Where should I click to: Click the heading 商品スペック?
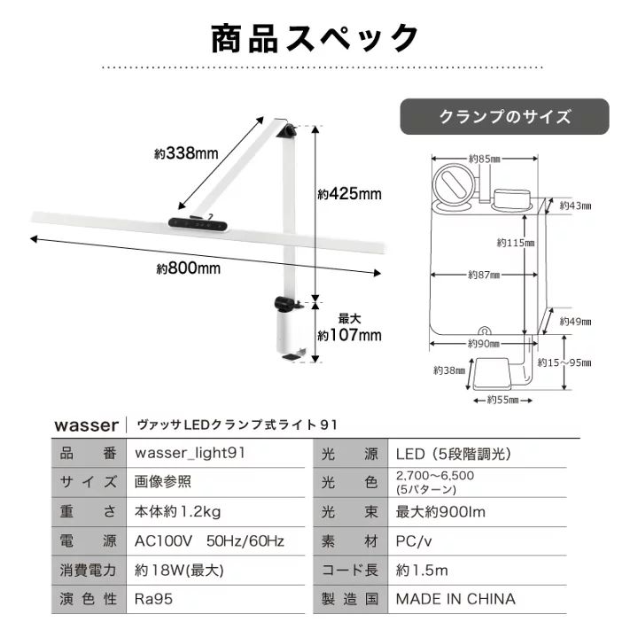pyautogui.click(x=315, y=39)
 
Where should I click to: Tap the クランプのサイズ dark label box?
pyautogui.click(x=505, y=117)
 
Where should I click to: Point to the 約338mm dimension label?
pyautogui.click(x=186, y=153)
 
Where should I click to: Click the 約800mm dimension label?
pyautogui.click(x=189, y=268)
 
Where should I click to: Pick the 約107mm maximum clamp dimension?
pyautogui.click(x=350, y=334)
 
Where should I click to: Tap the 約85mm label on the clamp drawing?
pyautogui.click(x=484, y=159)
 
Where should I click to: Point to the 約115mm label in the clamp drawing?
pyautogui.click(x=516, y=242)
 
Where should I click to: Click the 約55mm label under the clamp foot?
pyautogui.click(x=502, y=400)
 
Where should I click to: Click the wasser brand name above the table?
pyautogui.click(x=86, y=424)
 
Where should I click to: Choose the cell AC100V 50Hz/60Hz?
pyautogui.click(x=209, y=541)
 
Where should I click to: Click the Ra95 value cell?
pyautogui.click(x=153, y=599)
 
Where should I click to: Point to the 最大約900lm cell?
pyautogui.click(x=440, y=511)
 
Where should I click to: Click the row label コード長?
pyautogui.click(x=350, y=570)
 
